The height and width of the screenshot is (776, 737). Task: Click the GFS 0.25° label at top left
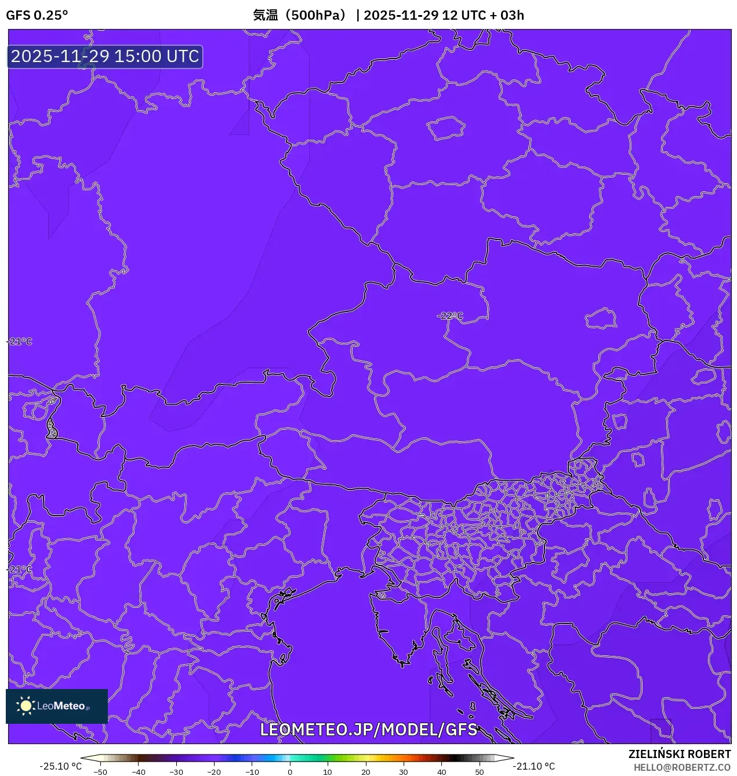(x=37, y=15)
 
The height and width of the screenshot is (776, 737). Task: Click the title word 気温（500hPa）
(x=299, y=15)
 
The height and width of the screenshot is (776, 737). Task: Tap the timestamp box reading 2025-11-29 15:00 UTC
(x=105, y=56)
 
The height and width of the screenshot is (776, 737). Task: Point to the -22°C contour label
(x=450, y=316)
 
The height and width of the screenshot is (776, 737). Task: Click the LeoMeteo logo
(x=57, y=706)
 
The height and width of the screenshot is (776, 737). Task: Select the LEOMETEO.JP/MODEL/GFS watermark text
(x=369, y=730)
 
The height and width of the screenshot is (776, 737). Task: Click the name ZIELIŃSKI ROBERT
(x=680, y=754)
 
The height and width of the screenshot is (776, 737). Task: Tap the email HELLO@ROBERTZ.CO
(x=682, y=767)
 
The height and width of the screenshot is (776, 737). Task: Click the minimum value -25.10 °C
(x=60, y=766)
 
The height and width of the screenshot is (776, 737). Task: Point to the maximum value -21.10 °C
(x=533, y=766)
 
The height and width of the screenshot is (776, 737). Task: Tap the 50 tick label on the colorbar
(x=479, y=772)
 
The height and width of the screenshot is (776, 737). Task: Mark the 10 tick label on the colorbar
(x=328, y=772)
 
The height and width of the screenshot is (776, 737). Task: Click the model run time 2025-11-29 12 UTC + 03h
(x=444, y=15)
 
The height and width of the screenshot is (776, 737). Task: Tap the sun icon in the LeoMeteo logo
(x=26, y=706)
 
